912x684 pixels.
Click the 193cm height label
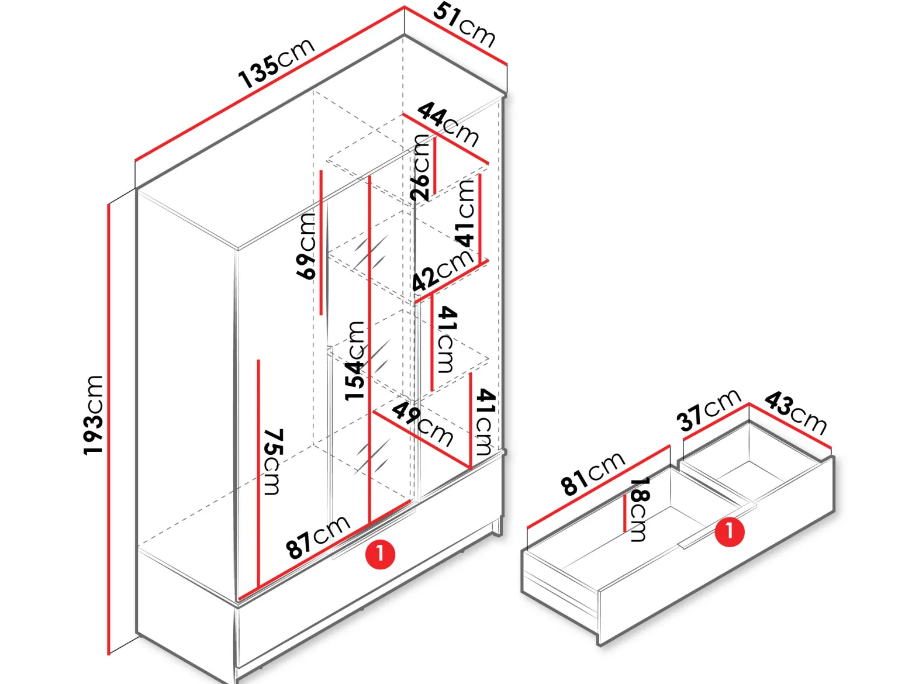point(93,415)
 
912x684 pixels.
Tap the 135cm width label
point(276,63)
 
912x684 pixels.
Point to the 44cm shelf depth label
point(448,124)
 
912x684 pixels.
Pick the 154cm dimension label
point(355,361)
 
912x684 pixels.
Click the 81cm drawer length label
point(592,474)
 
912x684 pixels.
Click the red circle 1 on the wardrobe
point(380,554)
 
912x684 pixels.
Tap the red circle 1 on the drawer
point(729,531)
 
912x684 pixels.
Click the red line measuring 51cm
point(456,36)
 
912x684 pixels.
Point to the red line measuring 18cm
point(625,513)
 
